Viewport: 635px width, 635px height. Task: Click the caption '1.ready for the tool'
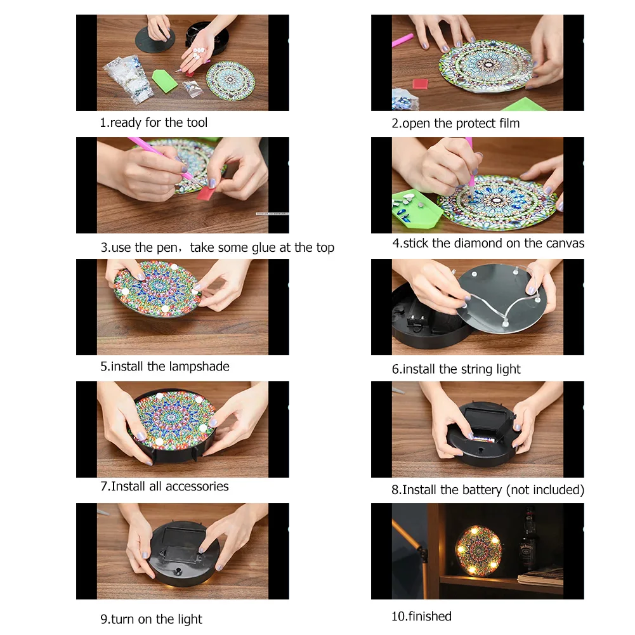pos(154,122)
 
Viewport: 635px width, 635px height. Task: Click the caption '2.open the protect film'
pos(455,124)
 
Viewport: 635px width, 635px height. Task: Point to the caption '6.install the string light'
pos(456,369)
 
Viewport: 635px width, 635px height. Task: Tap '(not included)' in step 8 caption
pos(546,490)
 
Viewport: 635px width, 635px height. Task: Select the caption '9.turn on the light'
pos(151,619)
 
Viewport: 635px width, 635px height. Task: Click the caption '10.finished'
pos(421,616)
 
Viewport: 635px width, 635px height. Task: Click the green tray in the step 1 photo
pos(164,80)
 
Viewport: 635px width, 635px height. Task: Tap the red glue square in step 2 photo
pos(421,83)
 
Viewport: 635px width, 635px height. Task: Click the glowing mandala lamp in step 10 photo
pos(479,550)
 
